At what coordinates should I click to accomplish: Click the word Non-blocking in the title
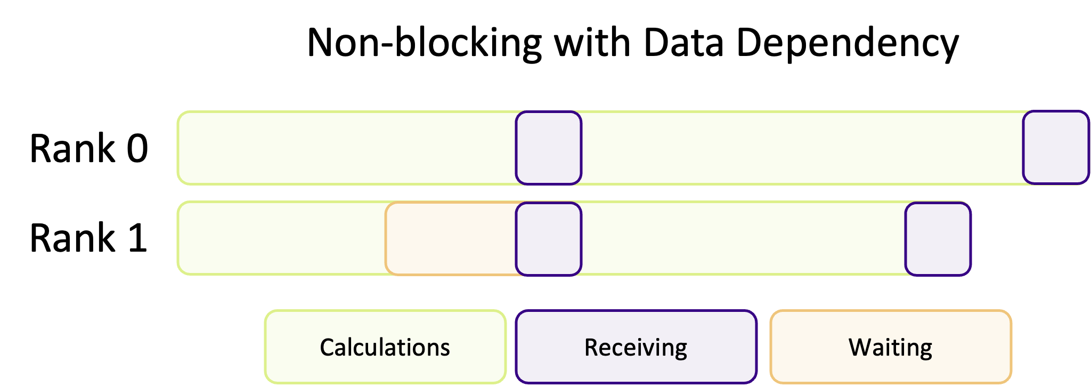click(x=424, y=43)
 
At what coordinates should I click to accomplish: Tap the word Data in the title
click(x=683, y=43)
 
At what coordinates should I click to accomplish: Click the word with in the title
click(x=592, y=43)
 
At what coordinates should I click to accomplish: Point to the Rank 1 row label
click(x=88, y=238)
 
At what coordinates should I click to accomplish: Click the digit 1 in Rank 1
click(x=137, y=238)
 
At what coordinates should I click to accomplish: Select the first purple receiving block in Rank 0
click(x=549, y=148)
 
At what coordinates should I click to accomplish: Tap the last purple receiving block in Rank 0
click(x=1056, y=148)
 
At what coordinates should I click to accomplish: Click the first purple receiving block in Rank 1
click(x=549, y=239)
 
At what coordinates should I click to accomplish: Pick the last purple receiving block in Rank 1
click(x=938, y=239)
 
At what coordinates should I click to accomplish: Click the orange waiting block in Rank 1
click(x=450, y=239)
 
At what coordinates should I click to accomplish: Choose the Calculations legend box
click(x=385, y=347)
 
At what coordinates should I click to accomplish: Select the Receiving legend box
click(x=636, y=347)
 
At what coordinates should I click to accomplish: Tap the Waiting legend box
click(x=890, y=347)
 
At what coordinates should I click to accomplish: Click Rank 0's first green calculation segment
click(x=346, y=148)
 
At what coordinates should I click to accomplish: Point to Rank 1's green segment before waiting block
click(x=281, y=239)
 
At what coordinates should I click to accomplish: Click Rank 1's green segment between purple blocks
click(x=743, y=239)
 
